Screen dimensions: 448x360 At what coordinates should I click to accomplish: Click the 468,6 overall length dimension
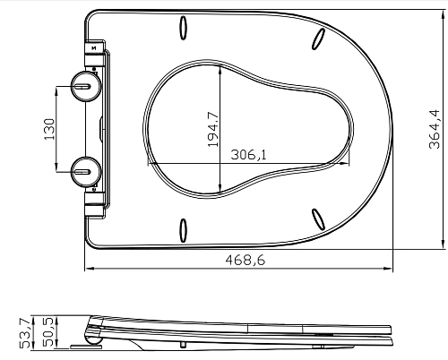246,261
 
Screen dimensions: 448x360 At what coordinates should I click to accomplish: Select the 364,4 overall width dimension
435,129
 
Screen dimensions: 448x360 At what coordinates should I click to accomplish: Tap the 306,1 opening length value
248,155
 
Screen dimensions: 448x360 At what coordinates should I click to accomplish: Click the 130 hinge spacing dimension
50,129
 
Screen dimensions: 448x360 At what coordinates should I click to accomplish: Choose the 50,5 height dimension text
48,332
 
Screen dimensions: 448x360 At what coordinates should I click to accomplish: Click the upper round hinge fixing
86,86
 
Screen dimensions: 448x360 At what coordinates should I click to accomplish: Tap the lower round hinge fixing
86,172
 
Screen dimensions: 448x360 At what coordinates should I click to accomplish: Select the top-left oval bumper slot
183,27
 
